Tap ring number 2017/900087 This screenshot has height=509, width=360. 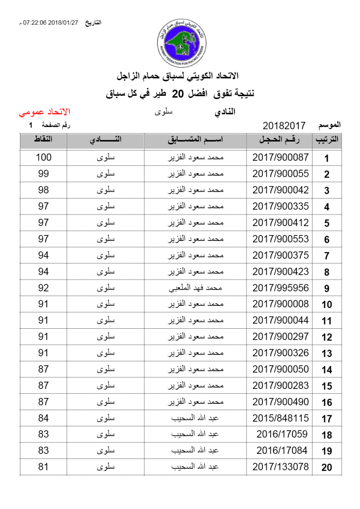281,157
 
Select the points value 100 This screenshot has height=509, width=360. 44,157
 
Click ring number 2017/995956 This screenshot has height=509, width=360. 281,288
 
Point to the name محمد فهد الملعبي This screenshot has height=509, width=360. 196,288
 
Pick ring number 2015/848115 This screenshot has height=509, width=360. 281,418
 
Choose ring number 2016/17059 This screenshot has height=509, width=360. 282,434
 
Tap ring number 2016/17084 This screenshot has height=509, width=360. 282,450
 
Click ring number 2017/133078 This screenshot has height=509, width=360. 281,467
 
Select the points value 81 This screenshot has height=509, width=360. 44,467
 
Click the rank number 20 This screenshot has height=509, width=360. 326,467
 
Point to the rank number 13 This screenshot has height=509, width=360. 326,353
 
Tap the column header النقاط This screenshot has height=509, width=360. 43,140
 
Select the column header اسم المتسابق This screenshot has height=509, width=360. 195,140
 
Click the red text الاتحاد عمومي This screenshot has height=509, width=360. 44,112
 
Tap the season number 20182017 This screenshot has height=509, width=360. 284,126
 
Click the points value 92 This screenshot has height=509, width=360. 44,288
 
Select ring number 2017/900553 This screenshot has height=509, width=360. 281,239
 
